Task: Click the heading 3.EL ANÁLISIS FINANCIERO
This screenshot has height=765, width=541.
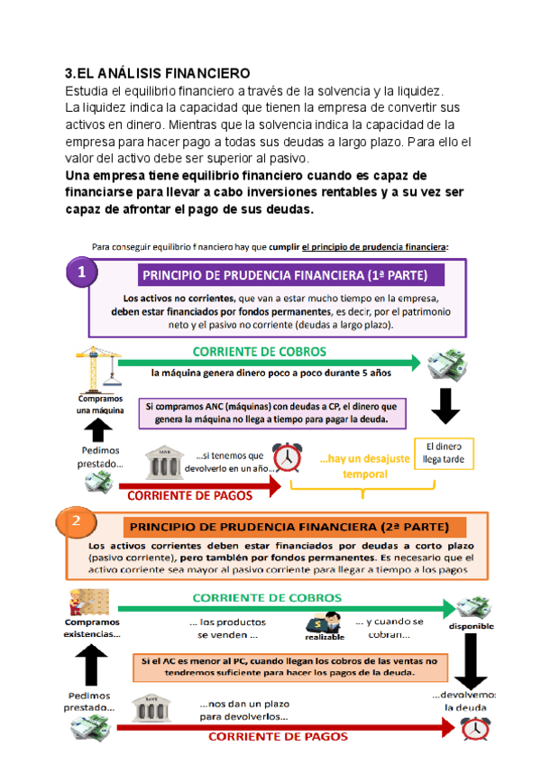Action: (158, 73)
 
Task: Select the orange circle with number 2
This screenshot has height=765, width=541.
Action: (77, 521)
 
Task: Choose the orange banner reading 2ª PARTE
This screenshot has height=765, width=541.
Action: (293, 526)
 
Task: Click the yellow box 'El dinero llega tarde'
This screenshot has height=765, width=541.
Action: (443, 452)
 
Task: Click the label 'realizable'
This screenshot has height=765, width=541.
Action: (325, 636)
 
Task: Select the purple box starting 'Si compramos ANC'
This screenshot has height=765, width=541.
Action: (275, 412)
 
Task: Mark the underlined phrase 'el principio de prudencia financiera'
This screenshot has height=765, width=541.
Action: (374, 246)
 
